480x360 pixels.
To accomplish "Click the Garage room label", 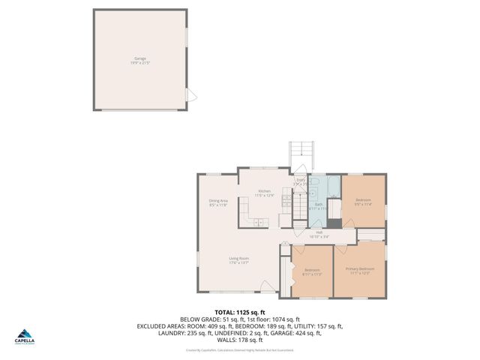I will click(140, 59).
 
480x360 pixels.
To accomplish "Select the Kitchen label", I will click(264, 193).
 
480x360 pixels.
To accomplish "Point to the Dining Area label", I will click(218, 202).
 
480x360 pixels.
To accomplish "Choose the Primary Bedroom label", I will click(360, 270).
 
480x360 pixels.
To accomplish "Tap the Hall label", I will click(319, 235).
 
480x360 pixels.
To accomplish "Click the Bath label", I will click(319, 206).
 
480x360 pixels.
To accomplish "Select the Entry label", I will click(300, 181).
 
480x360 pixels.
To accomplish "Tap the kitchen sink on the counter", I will click(259, 222).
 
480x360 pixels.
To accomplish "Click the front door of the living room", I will click(267, 286).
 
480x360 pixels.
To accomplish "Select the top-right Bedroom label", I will click(363, 201).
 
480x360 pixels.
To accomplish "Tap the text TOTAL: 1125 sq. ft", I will click(239, 312).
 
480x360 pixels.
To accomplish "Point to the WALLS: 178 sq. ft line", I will click(239, 340).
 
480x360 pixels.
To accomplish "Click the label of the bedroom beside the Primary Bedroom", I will click(312, 271).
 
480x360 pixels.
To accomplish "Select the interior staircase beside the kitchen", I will click(299, 207).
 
